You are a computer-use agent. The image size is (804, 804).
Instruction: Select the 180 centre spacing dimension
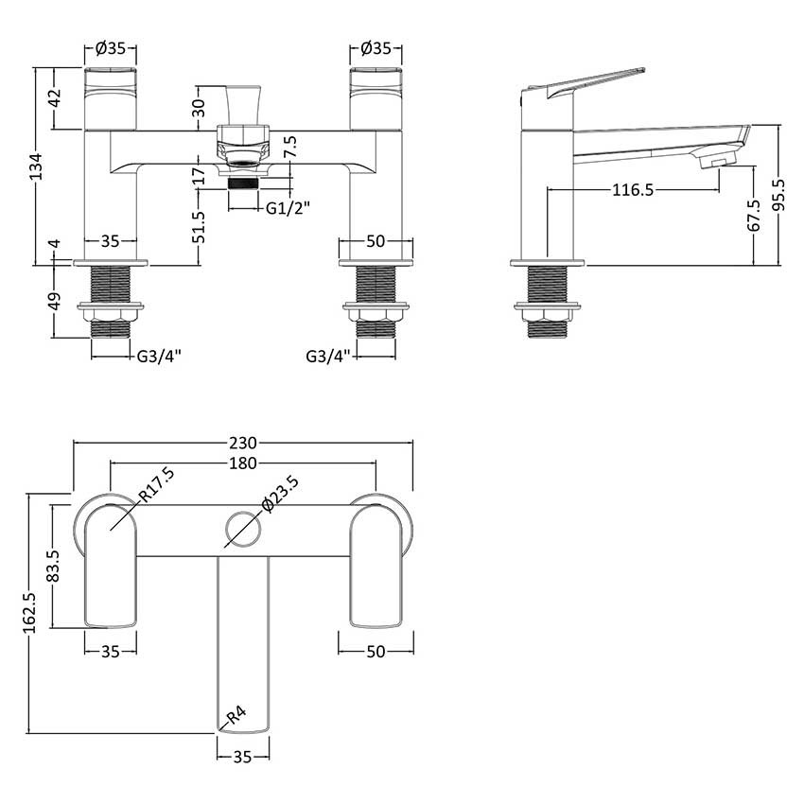[x=244, y=463]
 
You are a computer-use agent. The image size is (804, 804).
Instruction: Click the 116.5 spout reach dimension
[x=634, y=191]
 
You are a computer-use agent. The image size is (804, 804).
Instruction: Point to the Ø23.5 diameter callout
[x=282, y=495]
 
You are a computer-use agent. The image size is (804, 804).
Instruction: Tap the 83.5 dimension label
[x=54, y=566]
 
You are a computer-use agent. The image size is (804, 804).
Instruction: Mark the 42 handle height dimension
[x=55, y=97]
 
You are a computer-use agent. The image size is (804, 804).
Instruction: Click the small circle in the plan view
[x=242, y=530]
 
